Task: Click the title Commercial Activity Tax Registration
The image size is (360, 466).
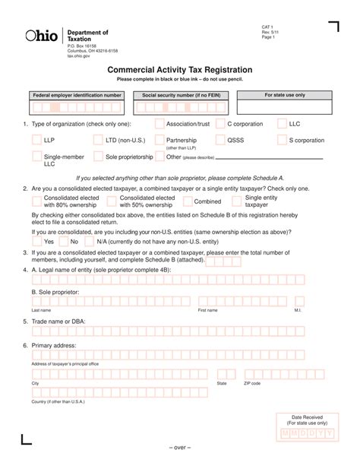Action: point(180,69)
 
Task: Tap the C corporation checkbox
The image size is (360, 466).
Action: point(220,123)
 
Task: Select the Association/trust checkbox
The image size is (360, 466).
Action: point(159,123)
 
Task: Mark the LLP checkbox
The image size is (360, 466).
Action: point(36,141)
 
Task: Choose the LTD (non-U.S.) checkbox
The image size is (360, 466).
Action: point(99,141)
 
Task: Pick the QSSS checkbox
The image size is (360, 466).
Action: point(220,141)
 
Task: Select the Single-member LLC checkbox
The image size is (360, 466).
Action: point(36,157)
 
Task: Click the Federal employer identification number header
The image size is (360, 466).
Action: point(76,96)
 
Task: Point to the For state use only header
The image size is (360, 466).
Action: point(284,96)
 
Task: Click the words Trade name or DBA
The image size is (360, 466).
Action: point(58,322)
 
